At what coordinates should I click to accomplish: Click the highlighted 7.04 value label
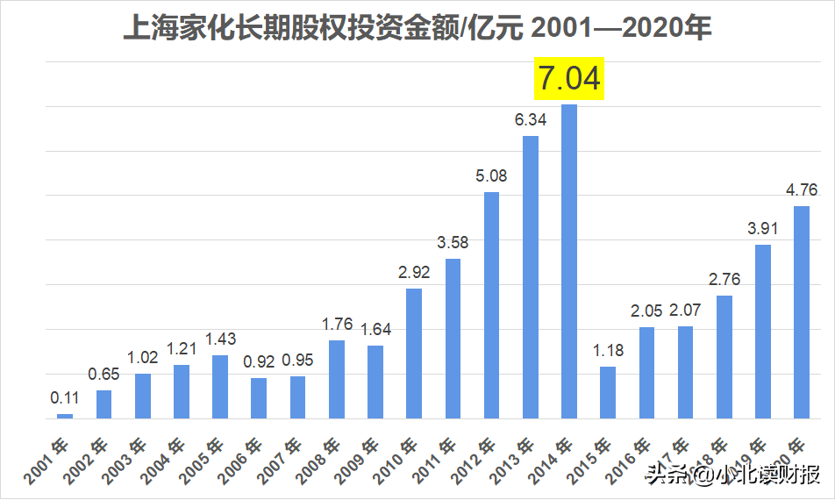point(569,78)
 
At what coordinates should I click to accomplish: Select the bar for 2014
point(569,261)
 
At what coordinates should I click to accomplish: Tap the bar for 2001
point(65,416)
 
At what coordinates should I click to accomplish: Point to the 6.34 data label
point(530,119)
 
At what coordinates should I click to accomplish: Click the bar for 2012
point(491,304)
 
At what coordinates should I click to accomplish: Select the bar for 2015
point(608,392)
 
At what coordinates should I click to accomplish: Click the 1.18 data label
point(608,351)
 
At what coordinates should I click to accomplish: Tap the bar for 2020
point(801,311)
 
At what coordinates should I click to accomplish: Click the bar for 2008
point(336,379)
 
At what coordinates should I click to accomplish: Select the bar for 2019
point(762,331)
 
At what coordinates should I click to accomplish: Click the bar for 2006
point(259,397)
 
